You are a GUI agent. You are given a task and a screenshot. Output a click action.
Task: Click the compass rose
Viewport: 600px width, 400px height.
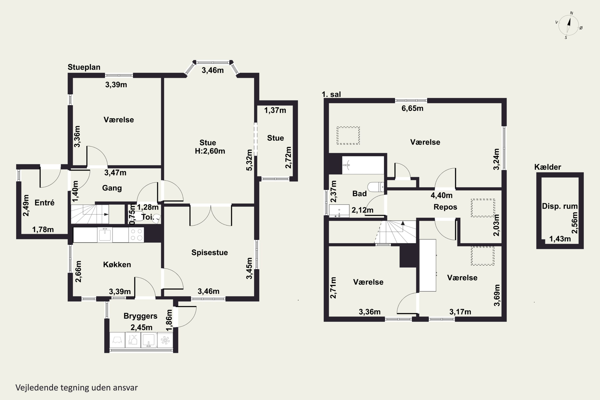click(x=569, y=25)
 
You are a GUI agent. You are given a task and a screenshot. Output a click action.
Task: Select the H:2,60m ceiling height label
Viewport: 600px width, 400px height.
click(x=210, y=151)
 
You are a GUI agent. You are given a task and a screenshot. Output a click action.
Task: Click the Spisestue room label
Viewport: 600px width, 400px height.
click(x=210, y=253)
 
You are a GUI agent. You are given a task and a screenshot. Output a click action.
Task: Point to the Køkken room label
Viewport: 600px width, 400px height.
click(x=117, y=265)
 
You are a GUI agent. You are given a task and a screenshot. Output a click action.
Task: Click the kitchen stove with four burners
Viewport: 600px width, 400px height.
click(x=136, y=235)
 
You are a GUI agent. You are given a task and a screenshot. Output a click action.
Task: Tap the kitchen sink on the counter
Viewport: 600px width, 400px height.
click(x=105, y=235)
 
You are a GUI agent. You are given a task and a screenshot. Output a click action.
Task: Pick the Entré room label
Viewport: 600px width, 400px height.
click(x=45, y=203)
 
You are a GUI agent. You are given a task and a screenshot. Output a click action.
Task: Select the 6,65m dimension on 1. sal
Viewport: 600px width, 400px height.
click(x=412, y=108)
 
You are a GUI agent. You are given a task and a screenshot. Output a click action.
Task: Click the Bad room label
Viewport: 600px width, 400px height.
click(x=359, y=194)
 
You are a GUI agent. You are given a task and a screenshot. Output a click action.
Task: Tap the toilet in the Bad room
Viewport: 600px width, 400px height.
click(x=376, y=187)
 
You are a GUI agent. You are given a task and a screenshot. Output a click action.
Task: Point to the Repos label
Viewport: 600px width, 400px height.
click(x=445, y=207)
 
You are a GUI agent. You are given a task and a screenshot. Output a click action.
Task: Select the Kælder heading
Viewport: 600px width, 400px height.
click(x=548, y=167)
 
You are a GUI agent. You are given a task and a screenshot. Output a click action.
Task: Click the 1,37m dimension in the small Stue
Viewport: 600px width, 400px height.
click(x=275, y=110)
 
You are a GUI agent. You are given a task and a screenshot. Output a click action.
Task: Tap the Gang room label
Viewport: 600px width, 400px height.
click(x=112, y=188)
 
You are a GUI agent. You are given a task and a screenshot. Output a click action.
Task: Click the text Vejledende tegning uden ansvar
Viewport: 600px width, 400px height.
click(x=77, y=388)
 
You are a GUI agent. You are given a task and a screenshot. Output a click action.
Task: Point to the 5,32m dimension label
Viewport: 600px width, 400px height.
click(x=249, y=160)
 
